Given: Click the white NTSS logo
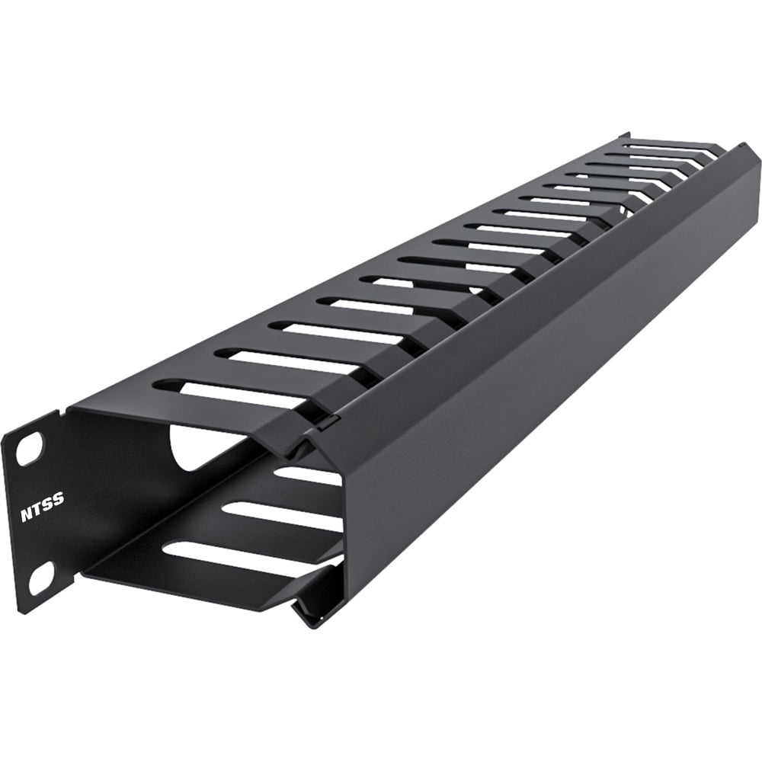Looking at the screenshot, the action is point(42,507).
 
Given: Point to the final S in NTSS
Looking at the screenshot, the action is point(59,500).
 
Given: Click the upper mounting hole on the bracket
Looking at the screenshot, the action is point(29,450).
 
